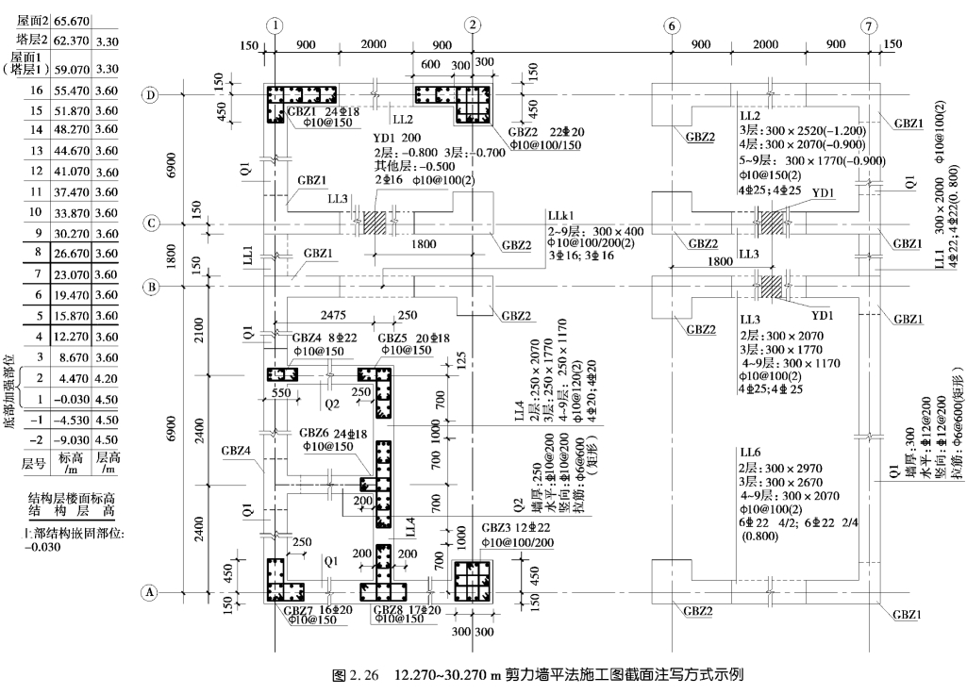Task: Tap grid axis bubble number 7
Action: coord(868,25)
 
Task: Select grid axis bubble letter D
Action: coord(149,95)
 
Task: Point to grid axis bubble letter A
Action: coord(149,593)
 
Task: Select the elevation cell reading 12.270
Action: coord(72,337)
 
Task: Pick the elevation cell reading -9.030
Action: coord(72,440)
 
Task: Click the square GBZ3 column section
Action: coord(473,581)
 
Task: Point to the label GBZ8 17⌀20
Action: coord(408,610)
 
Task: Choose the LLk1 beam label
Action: coord(558,216)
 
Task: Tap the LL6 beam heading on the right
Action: coord(750,453)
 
